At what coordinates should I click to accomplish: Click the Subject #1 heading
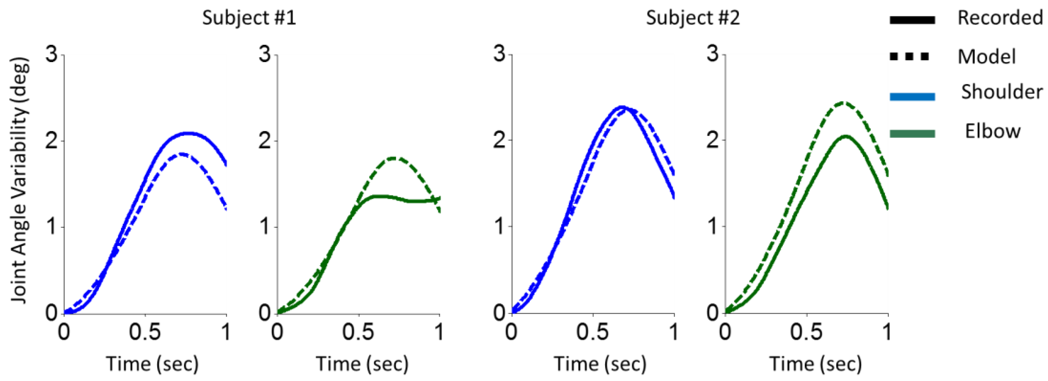point(249,18)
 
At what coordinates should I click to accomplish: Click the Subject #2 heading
point(693,18)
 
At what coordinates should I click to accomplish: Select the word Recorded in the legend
point(1000,18)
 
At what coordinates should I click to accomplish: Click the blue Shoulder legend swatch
point(912,97)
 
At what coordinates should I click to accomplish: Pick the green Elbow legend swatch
point(912,133)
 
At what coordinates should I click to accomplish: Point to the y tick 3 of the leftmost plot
point(52,54)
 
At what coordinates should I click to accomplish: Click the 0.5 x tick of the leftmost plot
point(145,332)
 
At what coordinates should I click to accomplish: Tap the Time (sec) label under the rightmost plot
point(815,363)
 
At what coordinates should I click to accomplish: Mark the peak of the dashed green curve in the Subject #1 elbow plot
point(393,158)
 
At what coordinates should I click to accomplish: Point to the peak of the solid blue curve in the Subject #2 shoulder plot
point(621,107)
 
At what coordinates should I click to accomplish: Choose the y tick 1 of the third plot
point(500,227)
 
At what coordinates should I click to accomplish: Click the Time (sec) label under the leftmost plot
point(152,363)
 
